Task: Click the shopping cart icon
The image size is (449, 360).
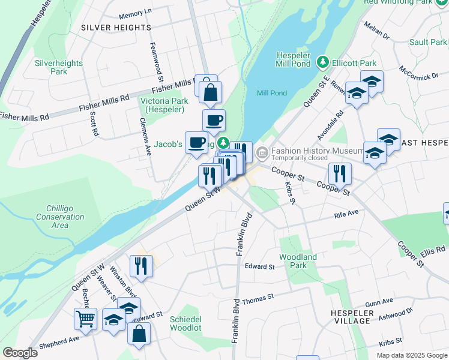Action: pos(86,319)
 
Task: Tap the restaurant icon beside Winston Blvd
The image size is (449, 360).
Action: pos(141,266)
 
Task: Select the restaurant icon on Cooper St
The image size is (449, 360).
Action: pos(340,173)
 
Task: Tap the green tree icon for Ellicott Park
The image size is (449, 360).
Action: pos(323,62)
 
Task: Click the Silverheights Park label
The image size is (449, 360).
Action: pos(51,67)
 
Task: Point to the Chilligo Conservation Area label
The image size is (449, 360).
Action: pos(60,217)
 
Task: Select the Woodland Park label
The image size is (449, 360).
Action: pos(298,260)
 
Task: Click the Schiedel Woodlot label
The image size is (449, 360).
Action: pos(185,323)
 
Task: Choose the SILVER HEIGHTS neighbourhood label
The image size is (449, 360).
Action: pos(116,28)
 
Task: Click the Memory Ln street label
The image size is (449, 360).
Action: pos(136,13)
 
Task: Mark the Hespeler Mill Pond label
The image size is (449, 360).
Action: pos(293,59)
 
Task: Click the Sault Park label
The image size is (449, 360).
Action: pos(427,42)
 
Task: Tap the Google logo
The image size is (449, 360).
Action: pos(20,352)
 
